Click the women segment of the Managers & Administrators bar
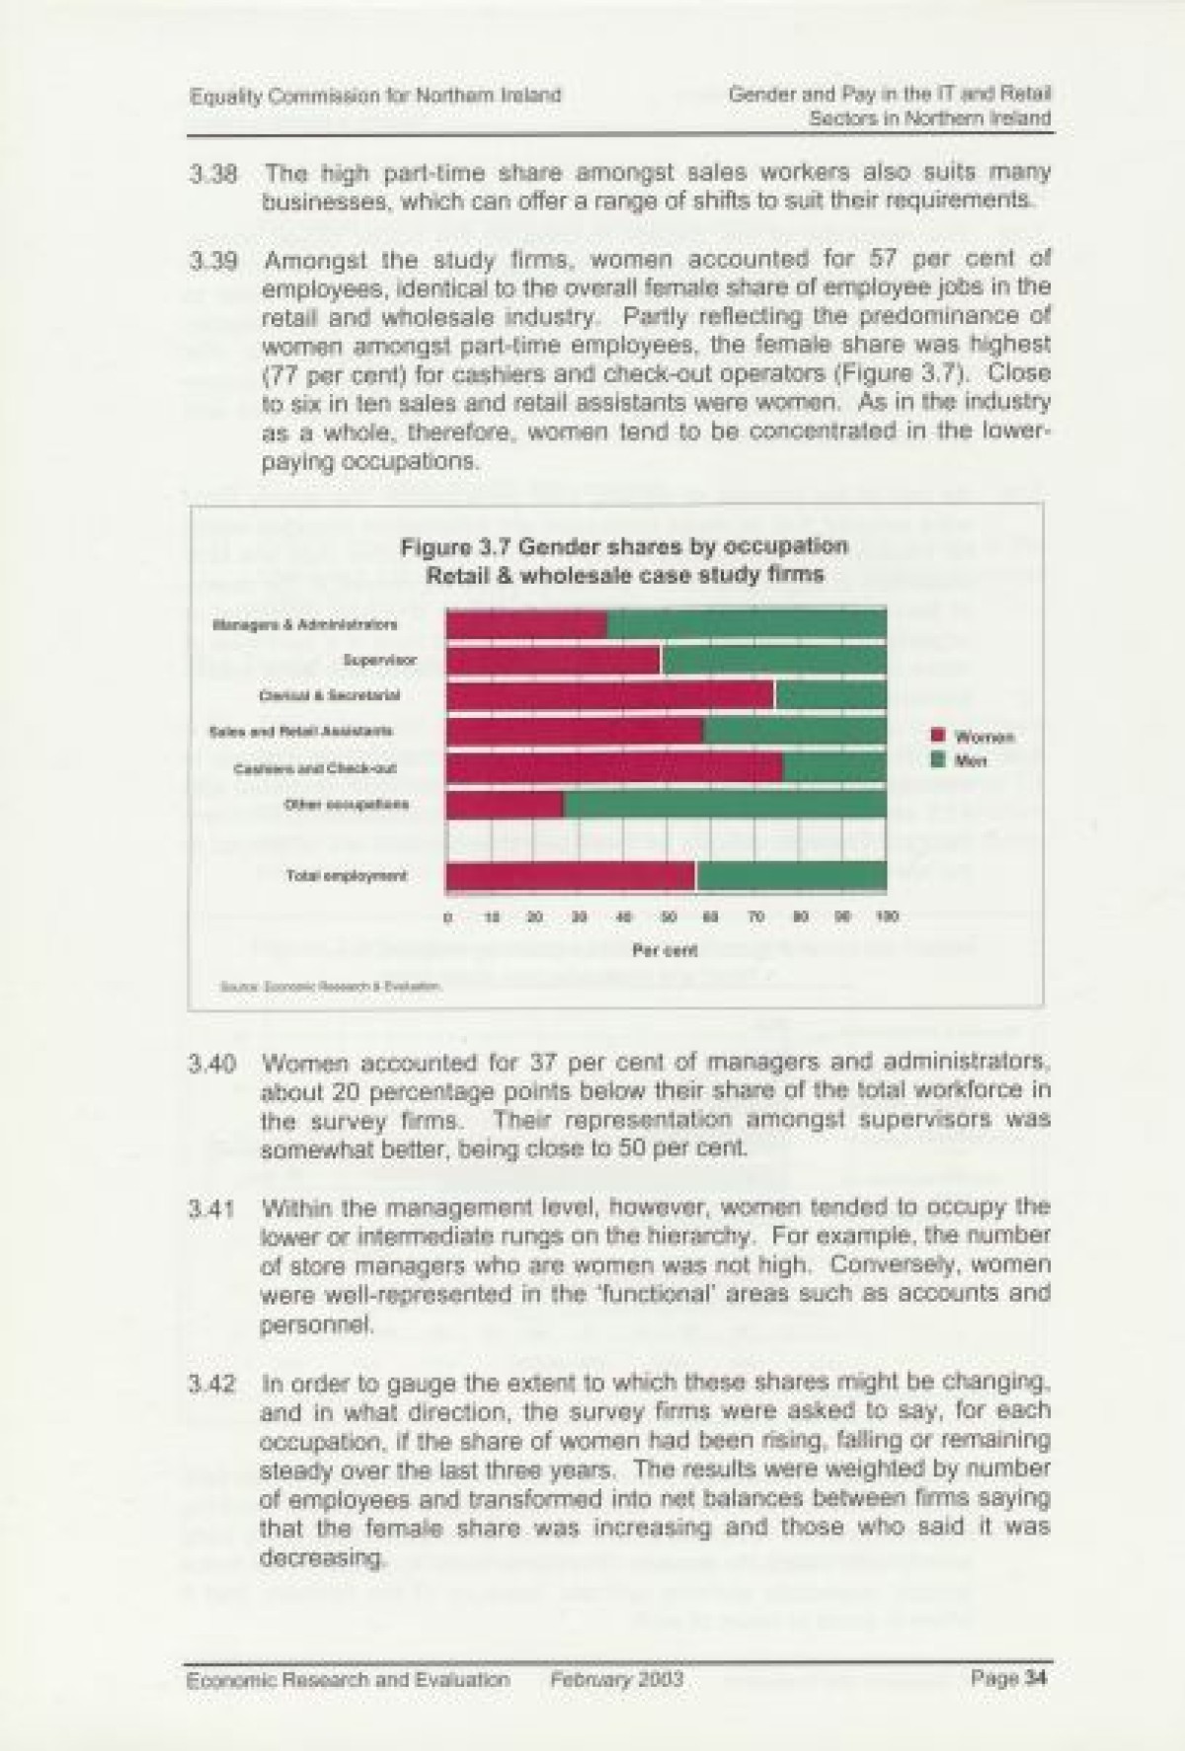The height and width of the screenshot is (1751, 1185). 526,625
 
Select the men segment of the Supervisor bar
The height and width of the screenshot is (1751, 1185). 773,661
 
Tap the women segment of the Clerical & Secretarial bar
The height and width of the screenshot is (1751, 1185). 610,696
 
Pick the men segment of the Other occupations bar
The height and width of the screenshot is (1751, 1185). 724,804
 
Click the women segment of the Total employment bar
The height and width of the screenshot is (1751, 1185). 571,876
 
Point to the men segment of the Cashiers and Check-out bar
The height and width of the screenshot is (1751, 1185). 834,767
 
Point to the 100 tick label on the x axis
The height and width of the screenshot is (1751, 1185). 886,917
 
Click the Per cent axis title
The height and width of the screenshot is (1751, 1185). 666,951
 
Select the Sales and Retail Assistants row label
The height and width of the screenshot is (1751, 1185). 301,732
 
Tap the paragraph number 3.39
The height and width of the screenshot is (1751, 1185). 213,262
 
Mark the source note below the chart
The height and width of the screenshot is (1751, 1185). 332,986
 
